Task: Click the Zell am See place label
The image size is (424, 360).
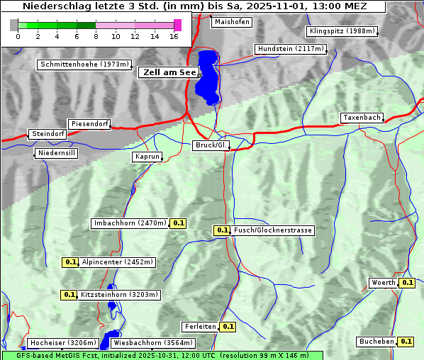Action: click(169, 72)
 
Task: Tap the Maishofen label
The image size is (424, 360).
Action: click(231, 22)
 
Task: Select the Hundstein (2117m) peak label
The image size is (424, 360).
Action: click(290, 49)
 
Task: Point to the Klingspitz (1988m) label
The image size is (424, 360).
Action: click(342, 31)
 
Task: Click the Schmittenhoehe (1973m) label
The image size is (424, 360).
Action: click(84, 64)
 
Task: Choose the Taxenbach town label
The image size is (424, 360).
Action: click(362, 118)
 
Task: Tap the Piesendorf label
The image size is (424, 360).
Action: click(89, 124)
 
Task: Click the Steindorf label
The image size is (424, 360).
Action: click(48, 134)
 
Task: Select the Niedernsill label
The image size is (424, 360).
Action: click(56, 153)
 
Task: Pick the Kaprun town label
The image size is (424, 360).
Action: click(147, 157)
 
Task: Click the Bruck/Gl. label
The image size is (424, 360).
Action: click(211, 145)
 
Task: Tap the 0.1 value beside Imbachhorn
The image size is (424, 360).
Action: click(179, 223)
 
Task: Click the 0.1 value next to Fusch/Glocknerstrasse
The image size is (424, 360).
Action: click(222, 230)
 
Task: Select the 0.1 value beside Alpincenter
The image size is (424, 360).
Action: click(70, 262)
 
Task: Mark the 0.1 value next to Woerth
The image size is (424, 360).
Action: click(407, 283)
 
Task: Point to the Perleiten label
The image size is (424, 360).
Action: click(199, 327)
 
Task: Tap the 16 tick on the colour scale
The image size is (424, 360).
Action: click(174, 36)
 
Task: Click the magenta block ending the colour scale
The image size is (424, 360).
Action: click(177, 25)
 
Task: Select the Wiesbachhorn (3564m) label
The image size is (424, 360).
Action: click(147, 343)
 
